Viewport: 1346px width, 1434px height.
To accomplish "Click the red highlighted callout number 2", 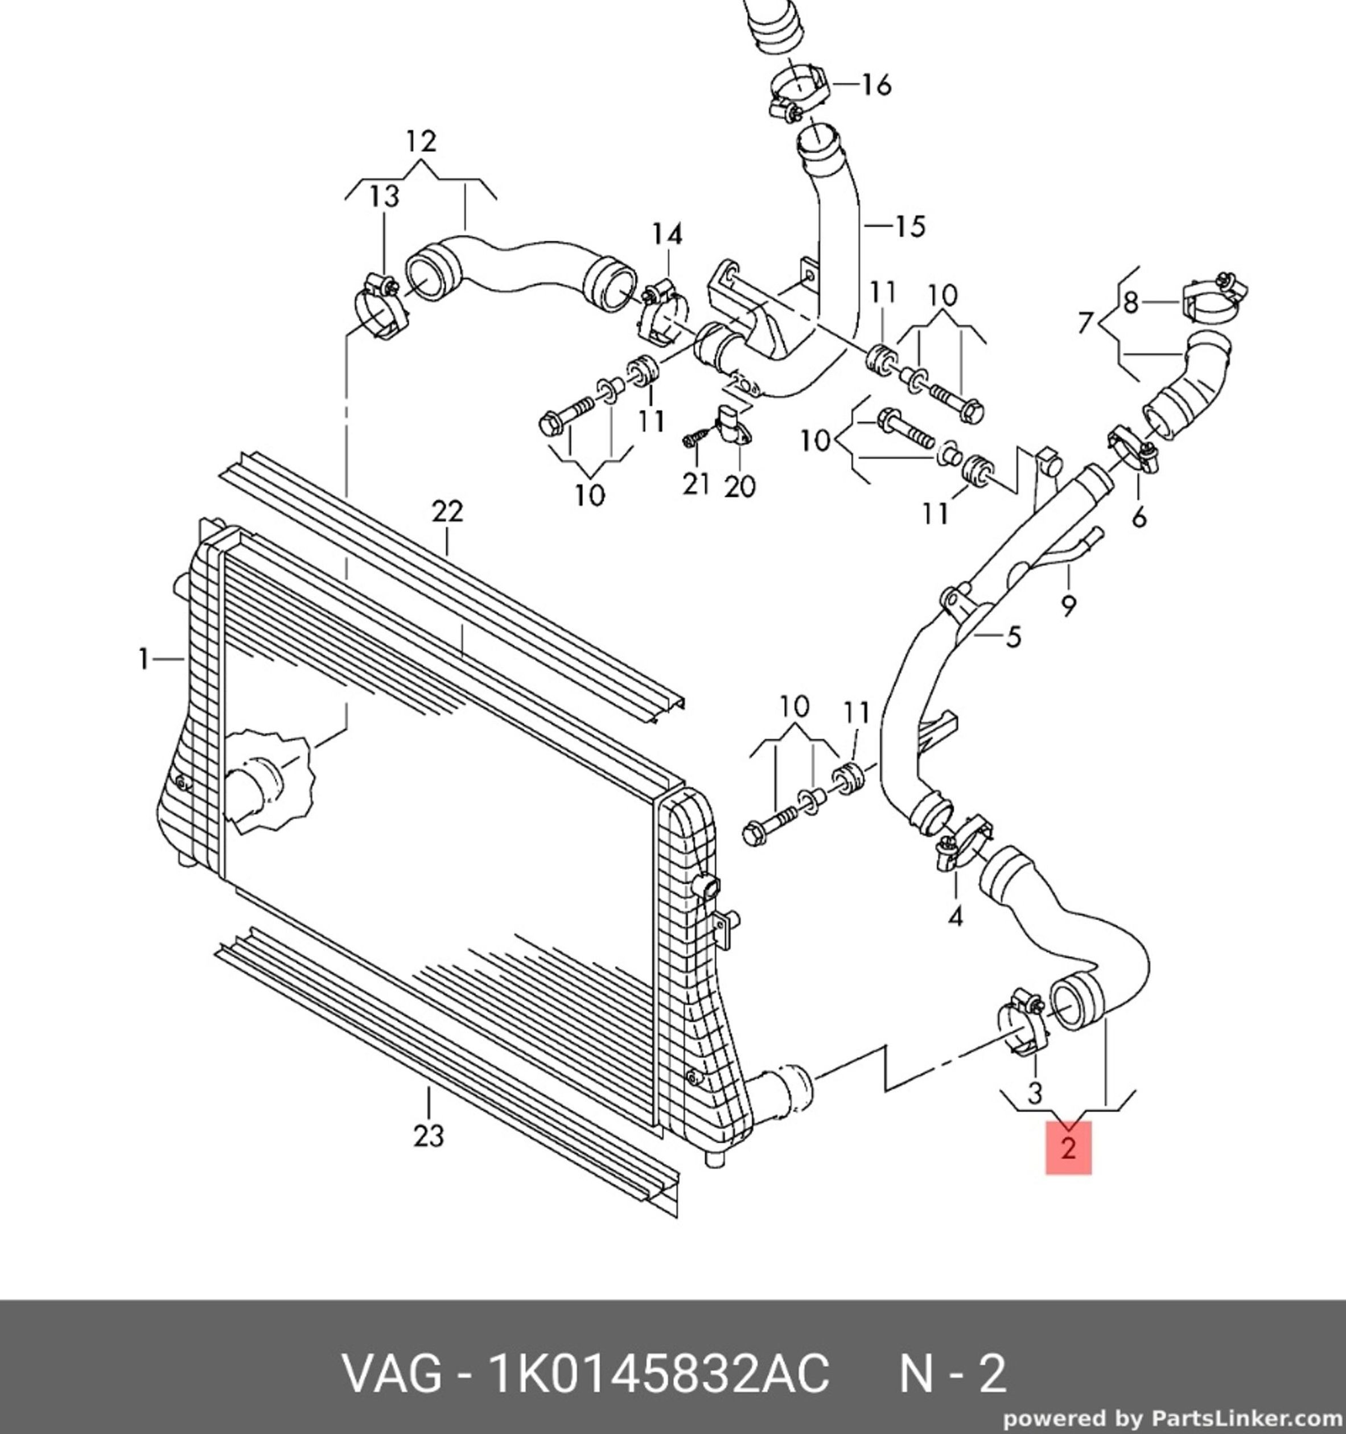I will pos(1068,1147).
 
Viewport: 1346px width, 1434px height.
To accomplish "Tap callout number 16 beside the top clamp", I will pos(876,85).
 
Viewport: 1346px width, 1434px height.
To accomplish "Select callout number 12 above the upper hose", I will pos(421,141).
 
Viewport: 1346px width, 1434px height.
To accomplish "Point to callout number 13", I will pos(385,196).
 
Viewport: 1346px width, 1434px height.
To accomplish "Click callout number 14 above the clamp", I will pos(667,234).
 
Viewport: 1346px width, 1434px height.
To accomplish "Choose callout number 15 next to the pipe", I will pos(909,226).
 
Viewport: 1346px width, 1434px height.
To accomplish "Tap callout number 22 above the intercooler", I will pos(447,512).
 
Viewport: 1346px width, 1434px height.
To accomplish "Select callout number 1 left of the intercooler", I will pos(144,658).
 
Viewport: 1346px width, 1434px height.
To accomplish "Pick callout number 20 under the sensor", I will pos(739,486).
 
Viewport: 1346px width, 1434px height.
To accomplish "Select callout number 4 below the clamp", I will pos(955,917).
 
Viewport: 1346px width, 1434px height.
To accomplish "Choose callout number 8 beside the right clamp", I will pos(1130,302).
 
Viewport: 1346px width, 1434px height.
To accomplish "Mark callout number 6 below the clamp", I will pos(1139,517).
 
